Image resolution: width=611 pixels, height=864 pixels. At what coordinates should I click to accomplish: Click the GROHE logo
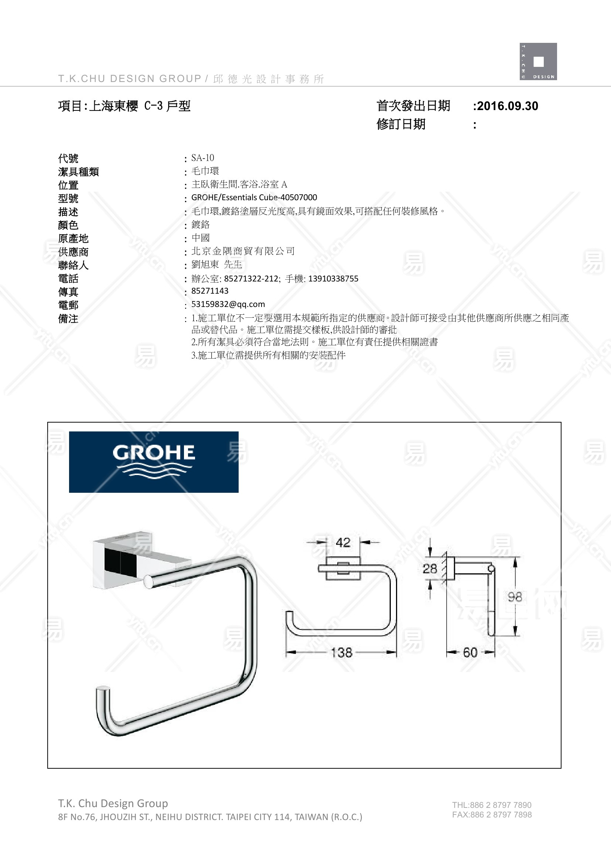[154, 462]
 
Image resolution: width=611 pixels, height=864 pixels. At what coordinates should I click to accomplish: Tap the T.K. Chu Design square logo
[538, 61]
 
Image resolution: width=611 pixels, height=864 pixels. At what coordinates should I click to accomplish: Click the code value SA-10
[202, 158]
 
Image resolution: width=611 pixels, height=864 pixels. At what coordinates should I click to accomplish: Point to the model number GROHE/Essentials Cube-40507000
[254, 197]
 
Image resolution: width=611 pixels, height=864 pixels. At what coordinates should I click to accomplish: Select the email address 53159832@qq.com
[228, 304]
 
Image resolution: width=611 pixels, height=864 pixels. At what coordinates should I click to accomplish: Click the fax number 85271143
[209, 290]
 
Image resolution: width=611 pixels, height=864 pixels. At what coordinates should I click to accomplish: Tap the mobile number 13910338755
[333, 279]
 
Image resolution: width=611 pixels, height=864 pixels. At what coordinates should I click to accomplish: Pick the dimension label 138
[341, 652]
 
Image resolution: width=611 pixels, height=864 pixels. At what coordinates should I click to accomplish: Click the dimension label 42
[343, 542]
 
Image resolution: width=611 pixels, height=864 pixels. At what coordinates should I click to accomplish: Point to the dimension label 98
[515, 597]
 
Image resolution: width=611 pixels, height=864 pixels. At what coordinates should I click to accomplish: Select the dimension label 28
[430, 568]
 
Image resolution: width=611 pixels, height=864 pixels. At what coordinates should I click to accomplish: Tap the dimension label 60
[470, 652]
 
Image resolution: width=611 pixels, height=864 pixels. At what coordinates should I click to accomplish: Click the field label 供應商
[74, 252]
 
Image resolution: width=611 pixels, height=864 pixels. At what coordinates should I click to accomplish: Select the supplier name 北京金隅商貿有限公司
[243, 251]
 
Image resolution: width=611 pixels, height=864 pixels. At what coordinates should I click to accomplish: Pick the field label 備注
[68, 319]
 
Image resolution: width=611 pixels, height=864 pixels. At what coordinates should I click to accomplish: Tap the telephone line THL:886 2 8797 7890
[492, 805]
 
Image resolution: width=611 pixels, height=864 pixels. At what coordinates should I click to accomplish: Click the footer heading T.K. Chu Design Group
[113, 803]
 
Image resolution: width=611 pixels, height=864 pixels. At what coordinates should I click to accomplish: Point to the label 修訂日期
[401, 124]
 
